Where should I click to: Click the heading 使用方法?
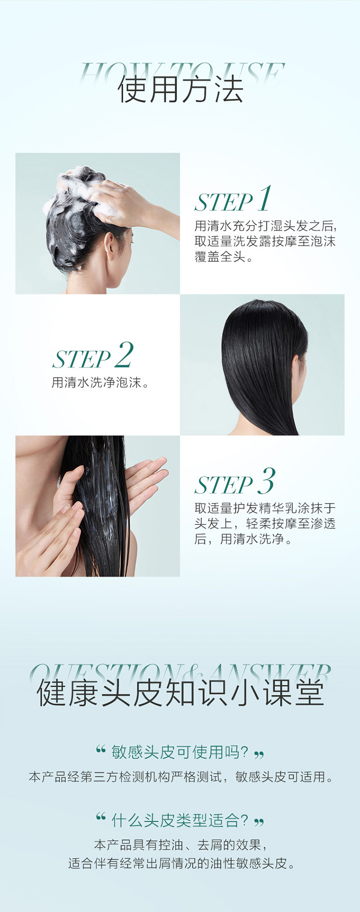(180, 89)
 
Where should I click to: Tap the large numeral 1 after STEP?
(264, 199)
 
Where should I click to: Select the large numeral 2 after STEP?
(123, 355)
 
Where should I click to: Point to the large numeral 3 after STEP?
(266, 481)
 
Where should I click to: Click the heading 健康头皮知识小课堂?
(180, 693)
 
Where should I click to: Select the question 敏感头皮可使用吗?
(180, 752)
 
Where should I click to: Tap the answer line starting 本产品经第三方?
(180, 777)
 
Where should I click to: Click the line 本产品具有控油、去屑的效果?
(180, 845)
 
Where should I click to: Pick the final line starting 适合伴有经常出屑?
(180, 863)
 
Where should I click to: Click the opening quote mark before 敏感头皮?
(100, 749)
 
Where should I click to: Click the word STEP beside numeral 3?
(224, 485)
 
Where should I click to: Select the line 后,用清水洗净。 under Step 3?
(243, 539)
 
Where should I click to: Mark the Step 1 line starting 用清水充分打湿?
(266, 226)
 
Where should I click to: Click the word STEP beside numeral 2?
(82, 359)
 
